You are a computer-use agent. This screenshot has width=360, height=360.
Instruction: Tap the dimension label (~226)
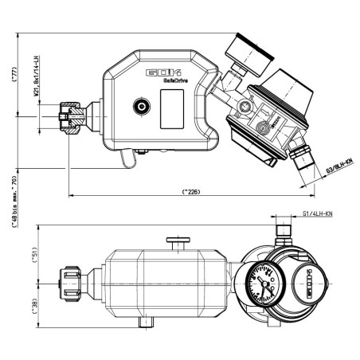tap(190, 191)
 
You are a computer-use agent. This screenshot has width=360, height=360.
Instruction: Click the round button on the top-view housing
tap(143, 104)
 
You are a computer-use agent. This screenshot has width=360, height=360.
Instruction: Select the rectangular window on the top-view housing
tap(173, 108)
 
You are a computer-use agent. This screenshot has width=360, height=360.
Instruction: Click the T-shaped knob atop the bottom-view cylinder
tap(176, 241)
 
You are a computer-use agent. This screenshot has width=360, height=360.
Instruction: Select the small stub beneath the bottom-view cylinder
tap(144, 323)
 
